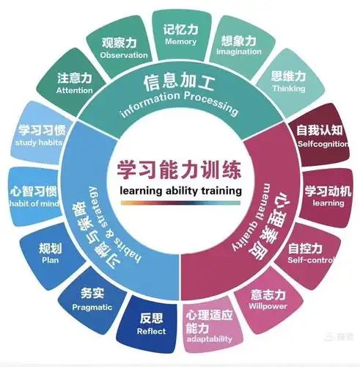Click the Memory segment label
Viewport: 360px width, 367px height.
click(180, 34)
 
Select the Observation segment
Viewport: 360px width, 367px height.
click(124, 48)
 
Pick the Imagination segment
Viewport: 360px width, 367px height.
click(237, 47)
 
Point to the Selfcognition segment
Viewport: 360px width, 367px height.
click(319, 134)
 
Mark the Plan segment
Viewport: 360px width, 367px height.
click(50, 253)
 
